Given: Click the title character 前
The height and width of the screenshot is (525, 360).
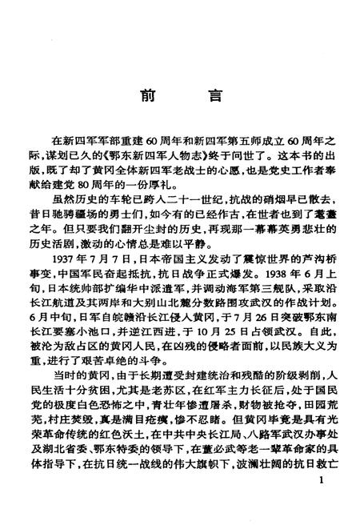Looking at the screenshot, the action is [x=146, y=94].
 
